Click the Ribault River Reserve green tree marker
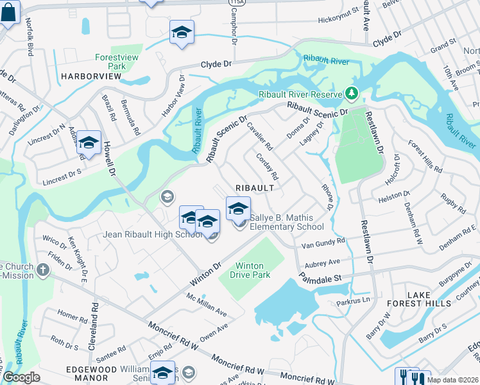(351, 94)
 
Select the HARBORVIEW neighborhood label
(91, 76)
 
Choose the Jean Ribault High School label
(153, 234)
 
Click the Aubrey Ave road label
(323, 262)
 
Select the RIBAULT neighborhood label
(255, 188)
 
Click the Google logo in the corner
(21, 377)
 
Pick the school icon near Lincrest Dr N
(89, 143)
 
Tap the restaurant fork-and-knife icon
(411, 377)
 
